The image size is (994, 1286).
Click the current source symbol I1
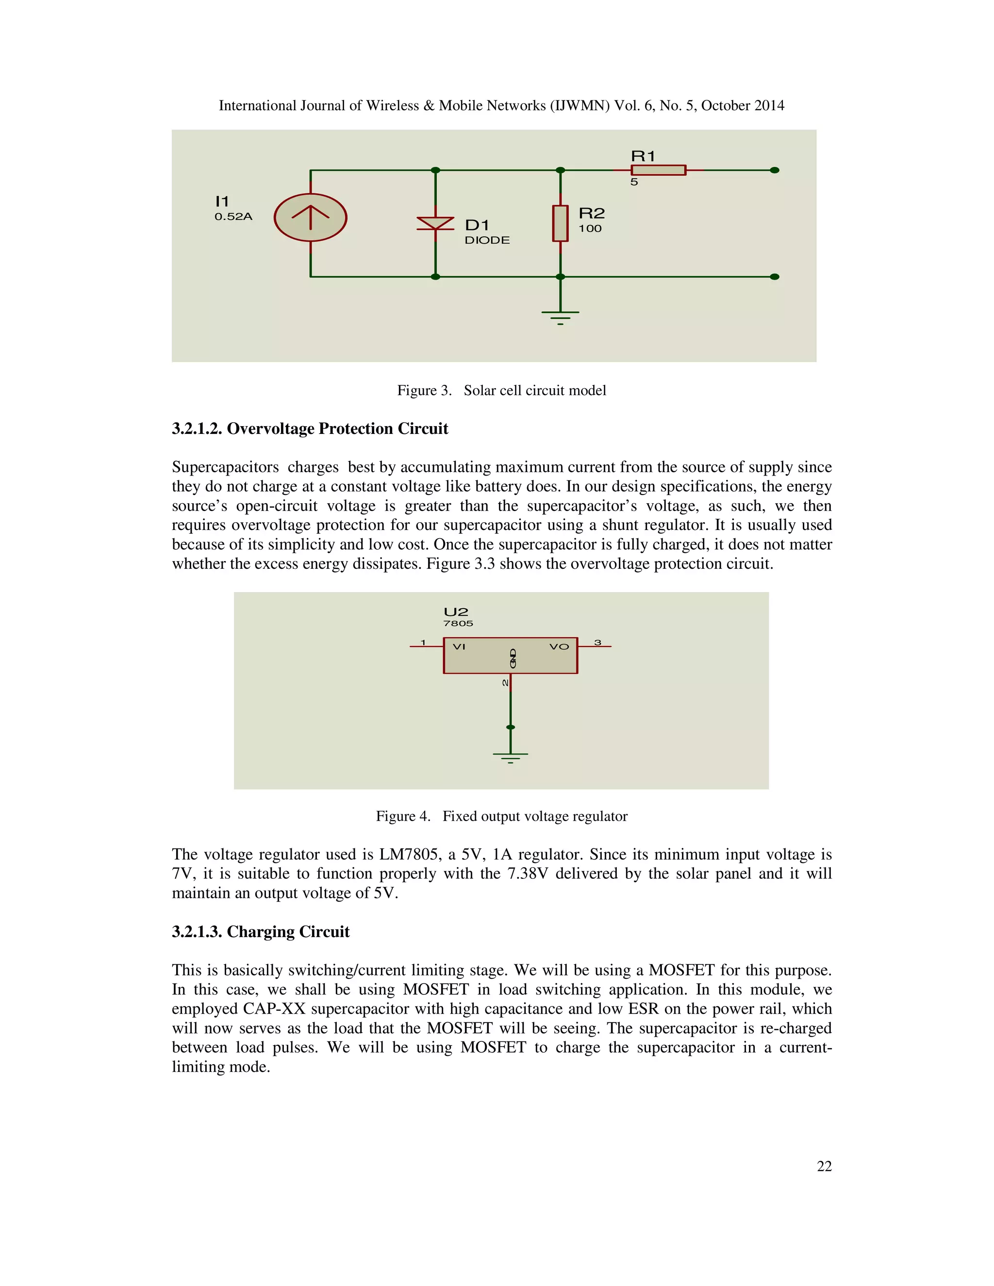point(310,217)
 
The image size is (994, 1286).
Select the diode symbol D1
point(435,223)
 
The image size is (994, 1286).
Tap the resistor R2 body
point(560,223)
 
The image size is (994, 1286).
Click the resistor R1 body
point(658,170)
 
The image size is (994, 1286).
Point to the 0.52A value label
point(233,217)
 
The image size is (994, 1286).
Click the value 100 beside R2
point(589,229)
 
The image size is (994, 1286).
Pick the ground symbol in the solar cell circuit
point(560,316)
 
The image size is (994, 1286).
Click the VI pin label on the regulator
point(459,646)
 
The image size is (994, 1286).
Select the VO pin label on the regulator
point(559,646)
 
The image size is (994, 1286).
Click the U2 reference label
point(456,612)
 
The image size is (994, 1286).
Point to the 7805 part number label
point(458,623)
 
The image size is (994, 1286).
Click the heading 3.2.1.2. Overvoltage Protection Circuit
point(310,429)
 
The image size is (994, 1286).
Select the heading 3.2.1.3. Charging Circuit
point(260,932)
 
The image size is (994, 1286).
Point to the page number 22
point(824,1166)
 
